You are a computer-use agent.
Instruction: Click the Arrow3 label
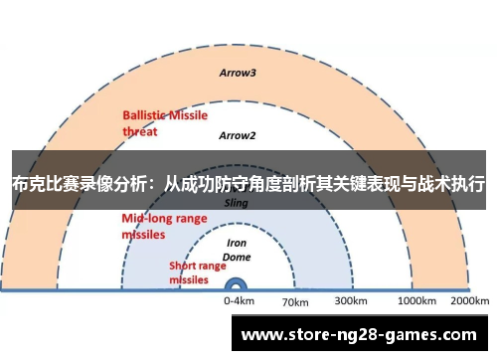pos(238,73)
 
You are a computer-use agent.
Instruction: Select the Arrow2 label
pos(238,135)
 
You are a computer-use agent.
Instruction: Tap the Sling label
pos(237,201)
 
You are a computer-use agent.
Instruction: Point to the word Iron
pos(238,242)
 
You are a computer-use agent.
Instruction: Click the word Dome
pos(238,256)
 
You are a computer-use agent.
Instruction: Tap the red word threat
pos(140,129)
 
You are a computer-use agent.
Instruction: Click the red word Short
pos(184,266)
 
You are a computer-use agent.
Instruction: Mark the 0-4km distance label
pos(239,299)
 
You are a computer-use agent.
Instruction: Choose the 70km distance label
pos(295,301)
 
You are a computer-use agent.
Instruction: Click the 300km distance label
pos(351,299)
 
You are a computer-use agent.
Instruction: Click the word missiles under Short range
pos(188,279)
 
